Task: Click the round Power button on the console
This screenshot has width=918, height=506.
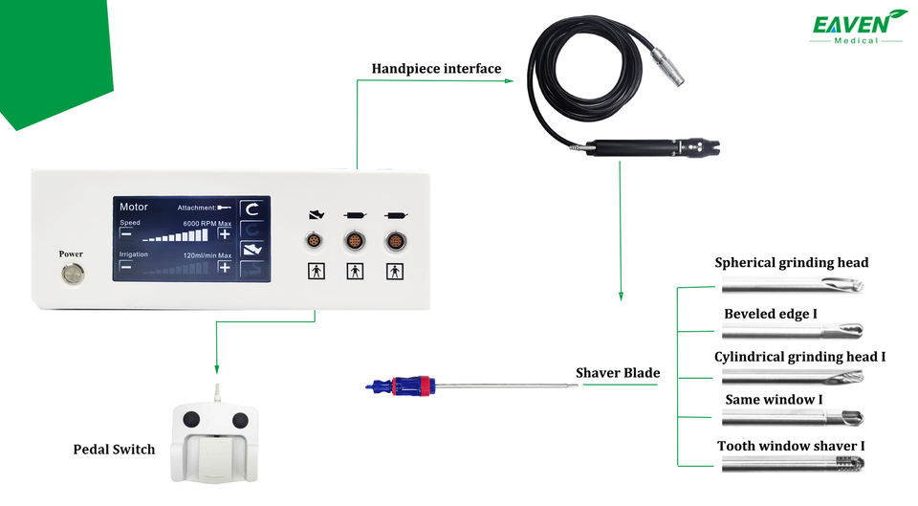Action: (71, 275)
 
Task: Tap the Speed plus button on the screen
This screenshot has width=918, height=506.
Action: (224, 232)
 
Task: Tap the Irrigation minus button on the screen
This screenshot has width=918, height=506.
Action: (126, 267)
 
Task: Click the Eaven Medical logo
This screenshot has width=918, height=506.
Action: (858, 26)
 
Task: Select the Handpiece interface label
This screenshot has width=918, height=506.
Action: (436, 69)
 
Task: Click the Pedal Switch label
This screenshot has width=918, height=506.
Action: (114, 449)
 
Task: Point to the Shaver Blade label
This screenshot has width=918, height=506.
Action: (618, 372)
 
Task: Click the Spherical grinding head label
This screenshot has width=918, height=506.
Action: (792, 262)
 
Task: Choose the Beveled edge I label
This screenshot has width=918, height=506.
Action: (770, 313)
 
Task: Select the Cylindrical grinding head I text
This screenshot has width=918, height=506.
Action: (799, 357)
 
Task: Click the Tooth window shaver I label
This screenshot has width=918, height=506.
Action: (792, 446)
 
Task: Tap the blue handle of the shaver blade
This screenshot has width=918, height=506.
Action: (402, 386)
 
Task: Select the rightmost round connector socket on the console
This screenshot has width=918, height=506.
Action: (394, 240)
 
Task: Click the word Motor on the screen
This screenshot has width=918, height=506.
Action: (134, 207)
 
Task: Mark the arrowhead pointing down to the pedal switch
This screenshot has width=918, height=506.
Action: (217, 369)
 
